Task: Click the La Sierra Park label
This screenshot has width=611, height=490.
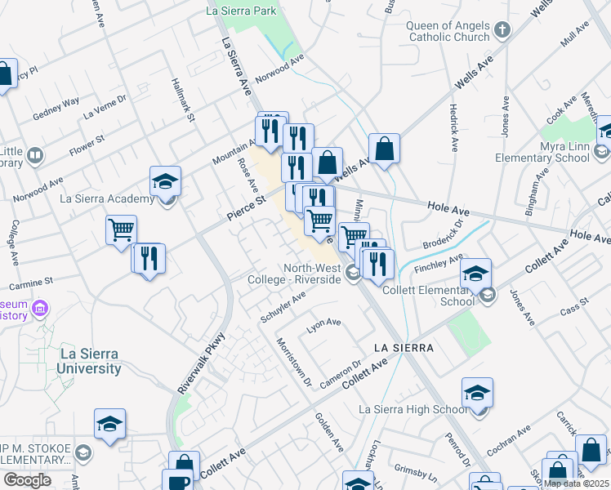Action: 241,11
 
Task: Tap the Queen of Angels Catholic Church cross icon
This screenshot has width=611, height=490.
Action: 502,31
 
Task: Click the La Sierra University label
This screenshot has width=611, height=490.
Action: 89,361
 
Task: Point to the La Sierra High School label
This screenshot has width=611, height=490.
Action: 414,409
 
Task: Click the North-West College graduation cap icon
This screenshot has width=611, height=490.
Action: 353,274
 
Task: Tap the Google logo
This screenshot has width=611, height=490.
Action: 27,480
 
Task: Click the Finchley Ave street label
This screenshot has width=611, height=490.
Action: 439,264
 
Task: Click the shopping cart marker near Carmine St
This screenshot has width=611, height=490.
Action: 121,229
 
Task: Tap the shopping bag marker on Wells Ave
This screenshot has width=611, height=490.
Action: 384,148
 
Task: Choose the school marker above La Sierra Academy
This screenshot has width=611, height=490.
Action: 165,180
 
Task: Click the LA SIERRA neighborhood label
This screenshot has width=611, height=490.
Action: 403,348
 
